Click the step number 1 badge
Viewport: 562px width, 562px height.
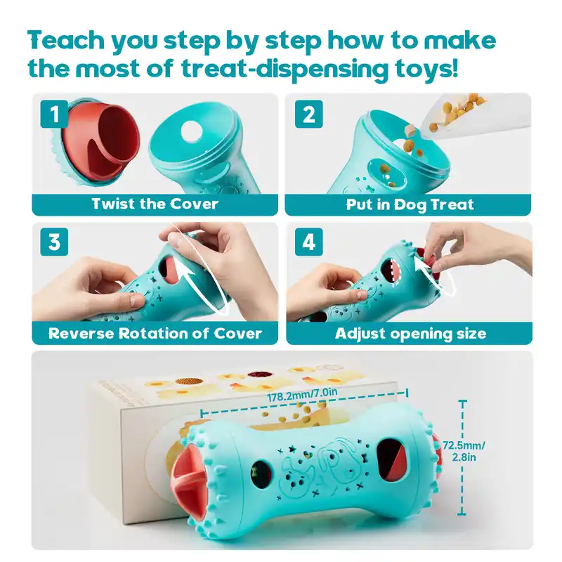pyautogui.click(x=54, y=115)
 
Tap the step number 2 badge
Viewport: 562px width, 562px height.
pyautogui.click(x=308, y=115)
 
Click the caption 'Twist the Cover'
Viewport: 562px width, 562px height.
pyautogui.click(x=155, y=204)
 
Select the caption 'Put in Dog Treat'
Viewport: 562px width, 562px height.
pyautogui.click(x=410, y=204)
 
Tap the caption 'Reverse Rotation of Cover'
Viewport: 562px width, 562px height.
pyautogui.click(x=155, y=333)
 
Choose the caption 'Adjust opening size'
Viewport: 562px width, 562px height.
pyautogui.click(x=410, y=333)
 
